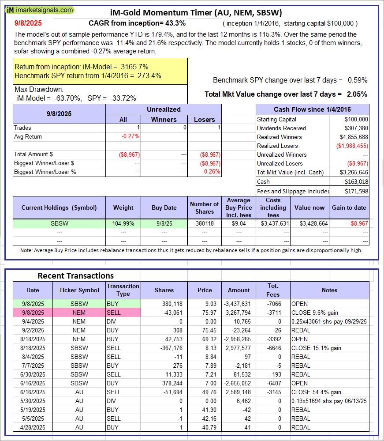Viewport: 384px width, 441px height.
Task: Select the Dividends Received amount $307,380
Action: click(356, 128)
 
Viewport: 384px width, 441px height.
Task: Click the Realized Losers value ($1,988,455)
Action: click(352, 146)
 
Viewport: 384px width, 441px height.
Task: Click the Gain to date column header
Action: click(349, 207)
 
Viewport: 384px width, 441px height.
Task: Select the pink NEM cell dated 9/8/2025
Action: click(79, 313)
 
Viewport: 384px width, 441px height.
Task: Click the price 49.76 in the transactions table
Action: click(205, 392)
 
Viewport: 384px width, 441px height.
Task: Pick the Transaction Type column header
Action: click(123, 290)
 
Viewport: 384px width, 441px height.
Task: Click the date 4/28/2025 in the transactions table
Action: click(33, 427)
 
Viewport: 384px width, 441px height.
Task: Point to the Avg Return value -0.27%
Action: click(130, 136)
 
